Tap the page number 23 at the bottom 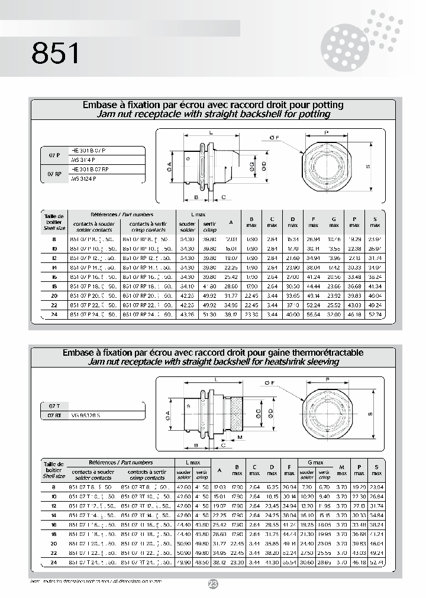click(214, 584)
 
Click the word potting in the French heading click(325, 105)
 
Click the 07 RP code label click(54, 173)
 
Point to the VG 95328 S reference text click(86, 417)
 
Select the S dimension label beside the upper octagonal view click(367, 167)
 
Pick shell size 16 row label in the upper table click(54, 276)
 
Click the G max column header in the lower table click(315, 463)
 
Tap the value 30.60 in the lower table click(307, 562)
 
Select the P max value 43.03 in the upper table click(354, 305)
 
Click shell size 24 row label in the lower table click(54, 562)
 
